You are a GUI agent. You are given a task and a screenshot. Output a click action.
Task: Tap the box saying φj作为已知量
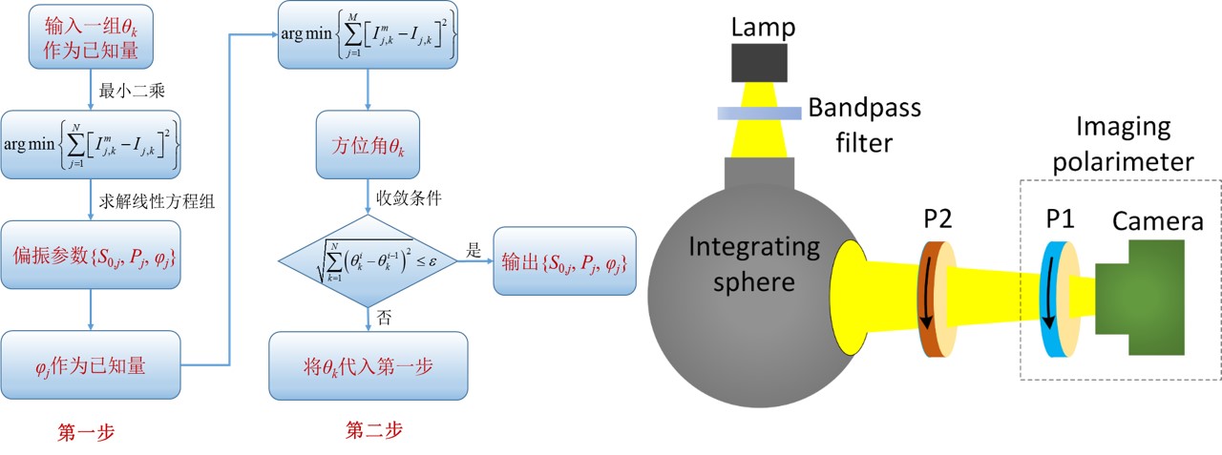[91, 365]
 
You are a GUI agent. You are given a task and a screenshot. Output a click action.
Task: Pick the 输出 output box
[563, 259]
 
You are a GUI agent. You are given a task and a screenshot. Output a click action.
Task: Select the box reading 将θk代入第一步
[369, 365]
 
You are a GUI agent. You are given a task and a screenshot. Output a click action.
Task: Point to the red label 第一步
[87, 432]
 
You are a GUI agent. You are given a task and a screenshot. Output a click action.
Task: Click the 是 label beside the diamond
[474, 246]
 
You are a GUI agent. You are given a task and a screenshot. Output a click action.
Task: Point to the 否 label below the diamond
[385, 316]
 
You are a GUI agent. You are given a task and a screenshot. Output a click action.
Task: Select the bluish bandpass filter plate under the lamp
[760, 114]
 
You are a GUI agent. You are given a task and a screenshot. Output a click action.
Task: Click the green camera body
[1146, 296]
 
